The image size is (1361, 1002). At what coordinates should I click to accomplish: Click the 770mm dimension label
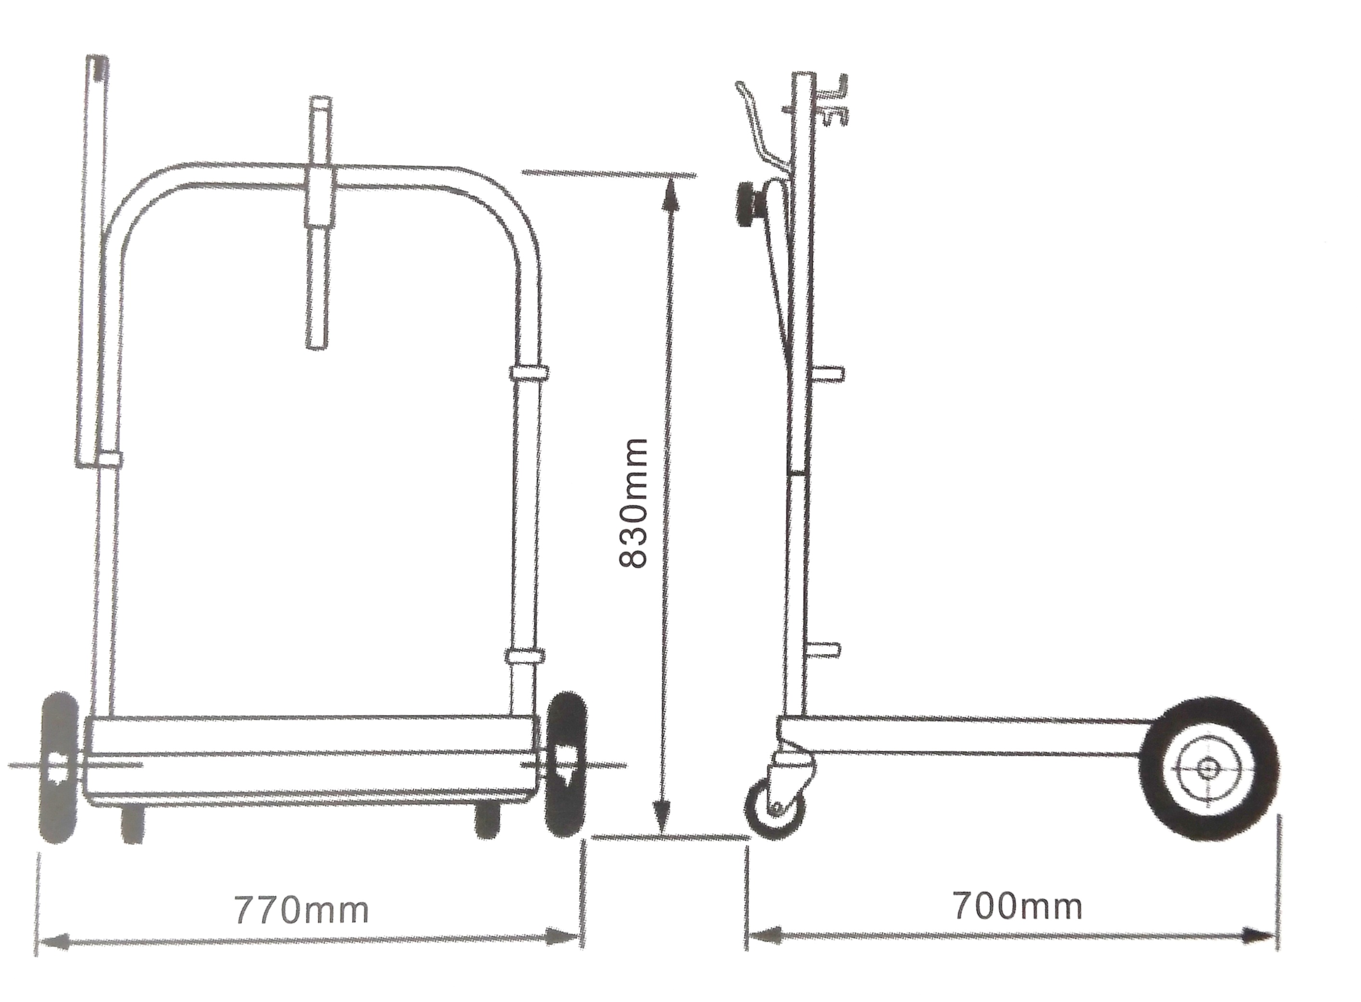coord(301,910)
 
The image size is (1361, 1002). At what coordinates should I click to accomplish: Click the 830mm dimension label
coord(633,503)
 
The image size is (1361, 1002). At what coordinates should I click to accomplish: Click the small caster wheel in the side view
coord(777,809)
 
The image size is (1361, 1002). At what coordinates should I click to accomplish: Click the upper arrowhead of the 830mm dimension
coord(668,194)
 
